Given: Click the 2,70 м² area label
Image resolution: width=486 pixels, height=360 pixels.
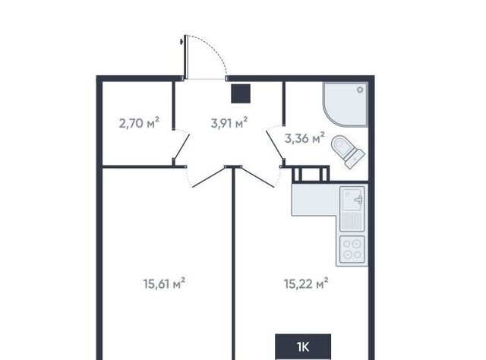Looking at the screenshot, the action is point(139,123).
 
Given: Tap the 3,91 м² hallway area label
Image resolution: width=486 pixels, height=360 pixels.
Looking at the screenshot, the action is point(229,123).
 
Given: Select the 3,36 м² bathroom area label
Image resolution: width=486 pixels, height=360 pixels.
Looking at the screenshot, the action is point(305,138).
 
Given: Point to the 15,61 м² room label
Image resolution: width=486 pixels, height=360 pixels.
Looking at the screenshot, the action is point(164,283).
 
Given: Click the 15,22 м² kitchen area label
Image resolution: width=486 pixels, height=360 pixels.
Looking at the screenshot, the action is point(306,283).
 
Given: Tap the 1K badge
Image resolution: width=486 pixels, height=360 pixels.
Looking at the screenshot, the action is point(303,346).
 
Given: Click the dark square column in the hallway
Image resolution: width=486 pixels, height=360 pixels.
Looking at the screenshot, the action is point(241,93).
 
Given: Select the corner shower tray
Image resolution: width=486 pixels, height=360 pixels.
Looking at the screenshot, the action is point(346,105).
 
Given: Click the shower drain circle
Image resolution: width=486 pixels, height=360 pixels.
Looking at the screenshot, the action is point(360,90).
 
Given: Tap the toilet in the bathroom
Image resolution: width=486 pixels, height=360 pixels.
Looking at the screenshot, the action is point(348,151).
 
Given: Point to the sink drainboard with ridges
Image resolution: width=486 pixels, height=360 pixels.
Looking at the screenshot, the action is point(352,221).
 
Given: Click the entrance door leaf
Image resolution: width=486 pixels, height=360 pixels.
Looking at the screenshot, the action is point(186,57).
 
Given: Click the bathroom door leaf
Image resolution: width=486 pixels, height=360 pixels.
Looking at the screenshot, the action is point(275,145).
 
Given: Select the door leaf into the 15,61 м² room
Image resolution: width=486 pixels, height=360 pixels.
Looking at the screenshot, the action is point(209,177).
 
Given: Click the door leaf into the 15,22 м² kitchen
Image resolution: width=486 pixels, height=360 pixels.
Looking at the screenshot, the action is point(257,177).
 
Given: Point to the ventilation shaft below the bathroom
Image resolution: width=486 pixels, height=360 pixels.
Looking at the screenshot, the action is point(311,174).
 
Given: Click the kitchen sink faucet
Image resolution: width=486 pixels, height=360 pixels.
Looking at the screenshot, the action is point(358,200).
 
